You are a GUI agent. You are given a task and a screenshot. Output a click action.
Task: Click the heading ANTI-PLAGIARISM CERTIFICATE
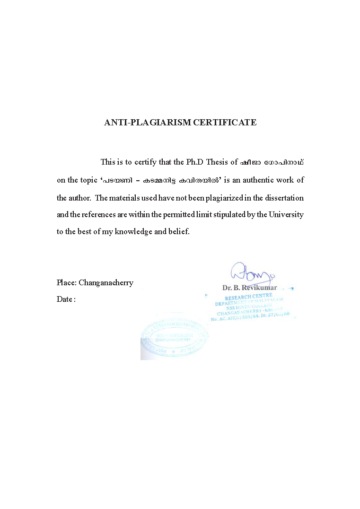[x=180, y=123]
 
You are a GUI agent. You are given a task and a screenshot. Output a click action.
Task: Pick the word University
[x=286, y=215]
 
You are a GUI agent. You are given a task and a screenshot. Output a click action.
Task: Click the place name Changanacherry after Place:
[x=106, y=283]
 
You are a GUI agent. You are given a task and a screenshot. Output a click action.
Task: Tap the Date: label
[x=66, y=299]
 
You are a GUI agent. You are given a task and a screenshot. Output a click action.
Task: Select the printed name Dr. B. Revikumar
[x=249, y=287]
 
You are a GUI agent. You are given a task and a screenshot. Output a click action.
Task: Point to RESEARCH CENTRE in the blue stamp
[x=249, y=297]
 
